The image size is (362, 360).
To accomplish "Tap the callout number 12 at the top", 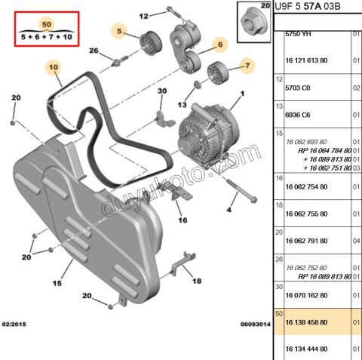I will (144, 14).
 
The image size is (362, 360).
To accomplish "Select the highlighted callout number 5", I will (119, 31).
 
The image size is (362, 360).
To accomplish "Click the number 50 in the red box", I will (47, 25).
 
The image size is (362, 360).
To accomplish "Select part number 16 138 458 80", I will (306, 321).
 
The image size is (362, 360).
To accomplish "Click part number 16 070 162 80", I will (306, 294).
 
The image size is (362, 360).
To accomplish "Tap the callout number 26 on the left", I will (94, 51).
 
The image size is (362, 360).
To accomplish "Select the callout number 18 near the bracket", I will (196, 280).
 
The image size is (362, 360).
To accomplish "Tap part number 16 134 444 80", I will (306, 349).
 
